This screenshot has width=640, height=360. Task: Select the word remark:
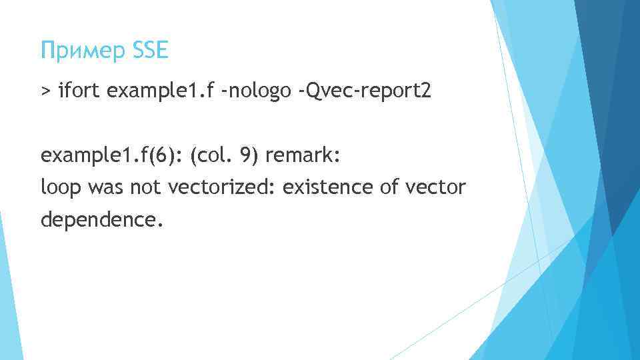click(x=303, y=157)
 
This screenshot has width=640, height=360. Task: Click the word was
click(x=105, y=188)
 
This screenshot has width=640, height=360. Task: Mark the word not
click(x=147, y=188)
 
